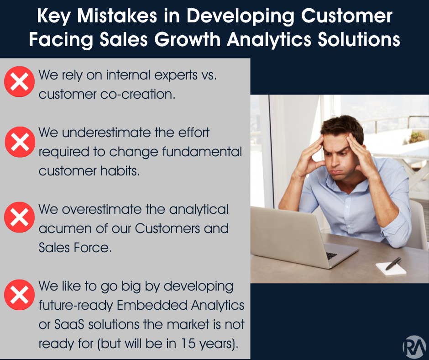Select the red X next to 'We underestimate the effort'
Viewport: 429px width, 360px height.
click(x=19, y=141)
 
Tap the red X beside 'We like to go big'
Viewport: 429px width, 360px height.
click(x=19, y=295)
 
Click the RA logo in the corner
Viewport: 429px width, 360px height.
click(x=413, y=346)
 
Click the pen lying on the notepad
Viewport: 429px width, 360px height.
click(x=393, y=263)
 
